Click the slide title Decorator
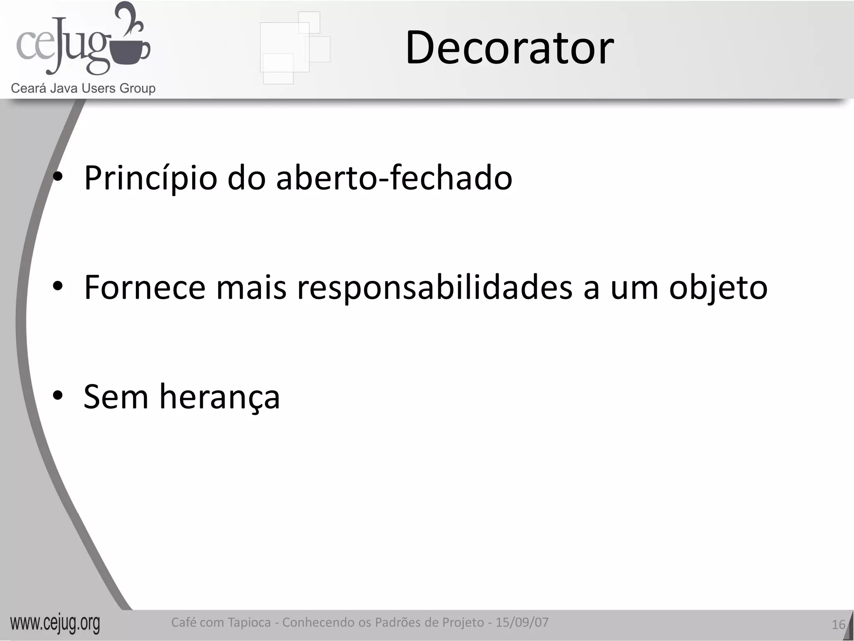point(509,48)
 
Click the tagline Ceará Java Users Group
point(83,88)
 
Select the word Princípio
point(151,178)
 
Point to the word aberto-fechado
point(394,178)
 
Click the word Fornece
point(145,288)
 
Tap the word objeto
point(718,288)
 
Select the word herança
point(219,397)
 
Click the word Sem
point(116,397)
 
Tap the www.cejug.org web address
point(55,623)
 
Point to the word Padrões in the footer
point(398,622)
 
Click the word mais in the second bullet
point(251,288)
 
